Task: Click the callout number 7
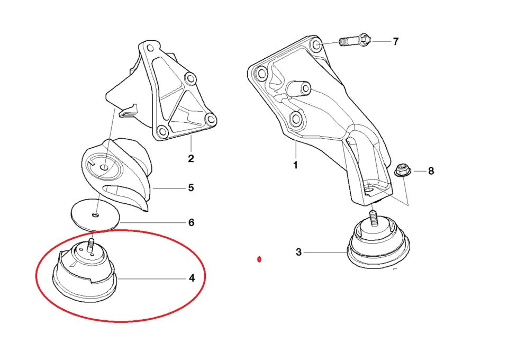point(395,41)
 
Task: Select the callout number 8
point(431,171)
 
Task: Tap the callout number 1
point(295,165)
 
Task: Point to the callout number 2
point(191,158)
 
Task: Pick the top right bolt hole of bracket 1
point(317,44)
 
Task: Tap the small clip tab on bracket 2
point(129,110)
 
